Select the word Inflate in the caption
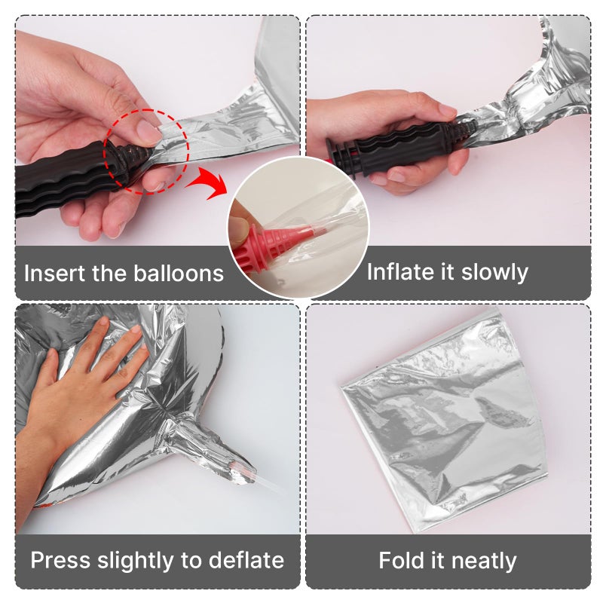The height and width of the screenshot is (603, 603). tap(399, 271)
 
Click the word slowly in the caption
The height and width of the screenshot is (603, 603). tap(489, 271)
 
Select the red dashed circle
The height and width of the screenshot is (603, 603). tap(144, 150)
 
